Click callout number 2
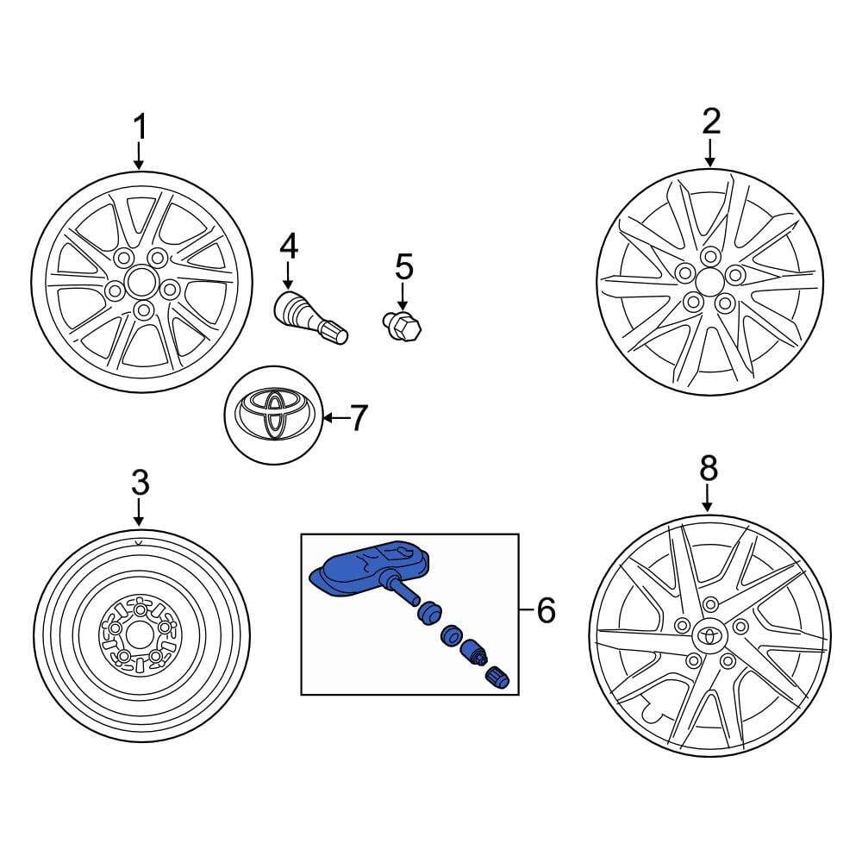pyautogui.click(x=710, y=122)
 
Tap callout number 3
pyautogui.click(x=140, y=483)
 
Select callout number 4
pyautogui.click(x=288, y=247)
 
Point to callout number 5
pyautogui.click(x=404, y=267)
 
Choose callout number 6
pyautogui.click(x=546, y=611)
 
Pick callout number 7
pyautogui.click(x=358, y=419)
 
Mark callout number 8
pyautogui.click(x=708, y=469)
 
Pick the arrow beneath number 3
pyautogui.click(x=140, y=513)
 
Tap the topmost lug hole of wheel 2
pyautogui.click(x=710, y=256)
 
